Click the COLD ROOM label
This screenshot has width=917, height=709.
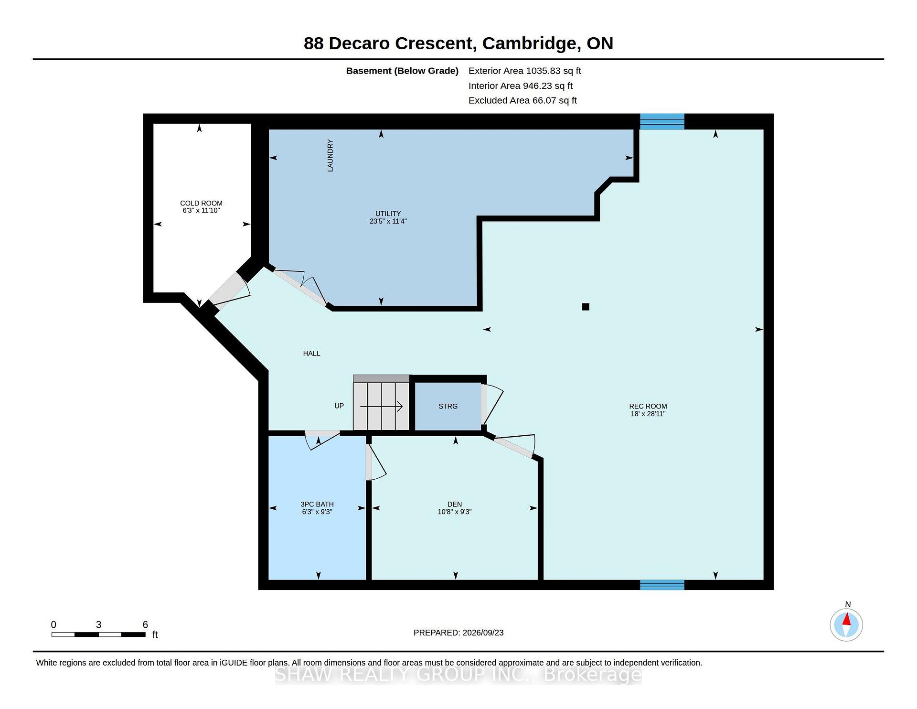click(x=201, y=203)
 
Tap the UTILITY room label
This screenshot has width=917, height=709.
click(x=388, y=214)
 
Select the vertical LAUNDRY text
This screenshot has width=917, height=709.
click(x=330, y=155)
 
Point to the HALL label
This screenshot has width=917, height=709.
click(x=311, y=353)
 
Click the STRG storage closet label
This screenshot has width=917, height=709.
click(x=448, y=406)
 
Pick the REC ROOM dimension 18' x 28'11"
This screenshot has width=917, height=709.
click(x=648, y=414)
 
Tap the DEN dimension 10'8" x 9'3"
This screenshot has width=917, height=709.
click(x=455, y=512)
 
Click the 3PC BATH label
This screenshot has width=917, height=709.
click(x=317, y=504)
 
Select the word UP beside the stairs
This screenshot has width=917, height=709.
click(x=339, y=406)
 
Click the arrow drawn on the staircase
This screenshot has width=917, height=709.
click(x=381, y=407)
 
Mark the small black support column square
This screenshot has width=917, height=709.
click(x=586, y=307)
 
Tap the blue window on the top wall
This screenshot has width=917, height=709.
click(x=662, y=121)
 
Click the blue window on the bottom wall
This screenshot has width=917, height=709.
click(x=662, y=585)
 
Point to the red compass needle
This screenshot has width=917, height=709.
click(x=846, y=620)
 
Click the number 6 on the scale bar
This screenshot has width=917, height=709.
click(x=145, y=624)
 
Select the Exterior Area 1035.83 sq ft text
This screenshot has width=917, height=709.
click(x=524, y=71)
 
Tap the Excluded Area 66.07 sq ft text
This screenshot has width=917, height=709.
click(x=522, y=100)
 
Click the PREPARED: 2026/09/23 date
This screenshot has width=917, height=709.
click(x=458, y=633)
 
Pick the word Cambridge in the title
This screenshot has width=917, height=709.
click(x=529, y=43)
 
